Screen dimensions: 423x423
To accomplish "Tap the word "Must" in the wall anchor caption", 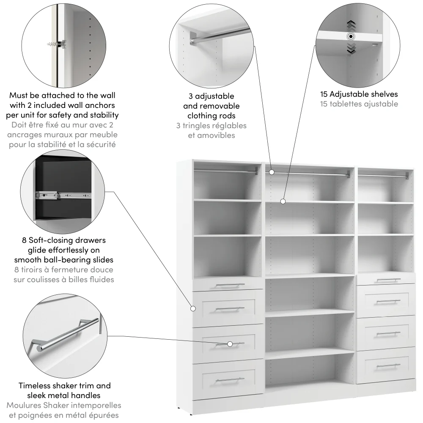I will click(19, 95).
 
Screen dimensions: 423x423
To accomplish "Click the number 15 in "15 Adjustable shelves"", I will click(324, 94).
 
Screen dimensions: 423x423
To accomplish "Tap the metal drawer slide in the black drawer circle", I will click(63, 195).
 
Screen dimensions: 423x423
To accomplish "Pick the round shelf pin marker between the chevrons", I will click(351, 36).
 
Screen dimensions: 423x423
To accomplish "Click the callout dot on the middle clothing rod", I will click(272, 173).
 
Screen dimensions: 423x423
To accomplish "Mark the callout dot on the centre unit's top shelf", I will click(283, 201).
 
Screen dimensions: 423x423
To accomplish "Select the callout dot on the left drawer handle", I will click(230, 344).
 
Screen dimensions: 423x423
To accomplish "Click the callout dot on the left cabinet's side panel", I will click(193, 308).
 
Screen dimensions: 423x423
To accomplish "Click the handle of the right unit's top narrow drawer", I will click(388, 280).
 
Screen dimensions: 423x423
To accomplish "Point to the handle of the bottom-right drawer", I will click(388, 365).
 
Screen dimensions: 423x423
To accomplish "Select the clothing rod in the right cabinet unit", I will click(384, 175).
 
